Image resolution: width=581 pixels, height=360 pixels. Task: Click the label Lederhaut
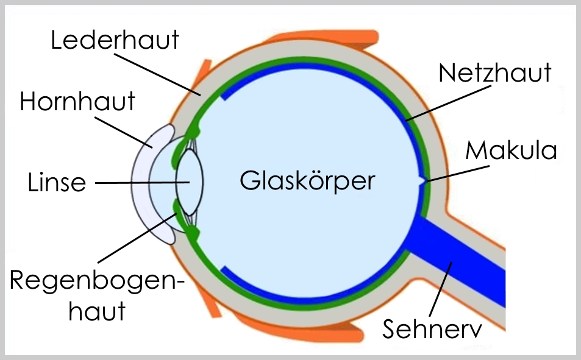click(x=115, y=40)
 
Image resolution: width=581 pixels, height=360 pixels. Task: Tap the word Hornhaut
click(x=77, y=101)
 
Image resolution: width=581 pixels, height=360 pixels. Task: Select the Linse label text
click(x=57, y=182)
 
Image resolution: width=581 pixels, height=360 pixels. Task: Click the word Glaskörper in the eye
click(x=307, y=181)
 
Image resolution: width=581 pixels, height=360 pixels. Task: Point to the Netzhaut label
click(x=495, y=72)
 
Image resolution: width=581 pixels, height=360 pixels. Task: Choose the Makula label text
click(x=511, y=150)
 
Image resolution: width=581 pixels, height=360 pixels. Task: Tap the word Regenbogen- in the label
click(x=98, y=281)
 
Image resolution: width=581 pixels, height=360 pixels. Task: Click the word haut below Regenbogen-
click(x=97, y=311)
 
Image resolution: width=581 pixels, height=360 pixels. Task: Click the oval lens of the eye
click(x=189, y=183)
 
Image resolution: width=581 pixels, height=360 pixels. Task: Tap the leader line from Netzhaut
click(x=448, y=101)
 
